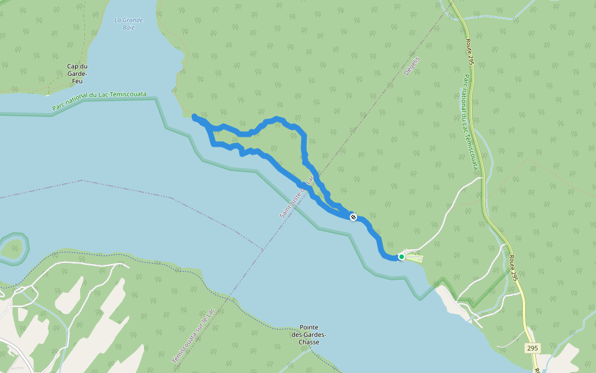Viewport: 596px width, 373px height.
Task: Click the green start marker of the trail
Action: point(402,256)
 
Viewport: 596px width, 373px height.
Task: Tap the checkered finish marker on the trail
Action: point(353,217)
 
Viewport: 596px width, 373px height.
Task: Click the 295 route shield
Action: point(532,348)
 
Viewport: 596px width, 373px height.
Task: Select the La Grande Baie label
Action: point(129,24)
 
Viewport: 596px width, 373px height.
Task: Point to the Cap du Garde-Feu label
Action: point(77,73)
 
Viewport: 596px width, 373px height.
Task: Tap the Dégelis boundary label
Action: point(412,66)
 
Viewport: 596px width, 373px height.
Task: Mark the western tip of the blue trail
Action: point(195,117)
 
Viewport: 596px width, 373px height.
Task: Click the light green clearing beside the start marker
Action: point(415,257)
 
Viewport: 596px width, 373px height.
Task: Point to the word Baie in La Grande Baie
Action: point(129,27)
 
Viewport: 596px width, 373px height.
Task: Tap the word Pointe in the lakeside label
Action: point(309,327)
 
